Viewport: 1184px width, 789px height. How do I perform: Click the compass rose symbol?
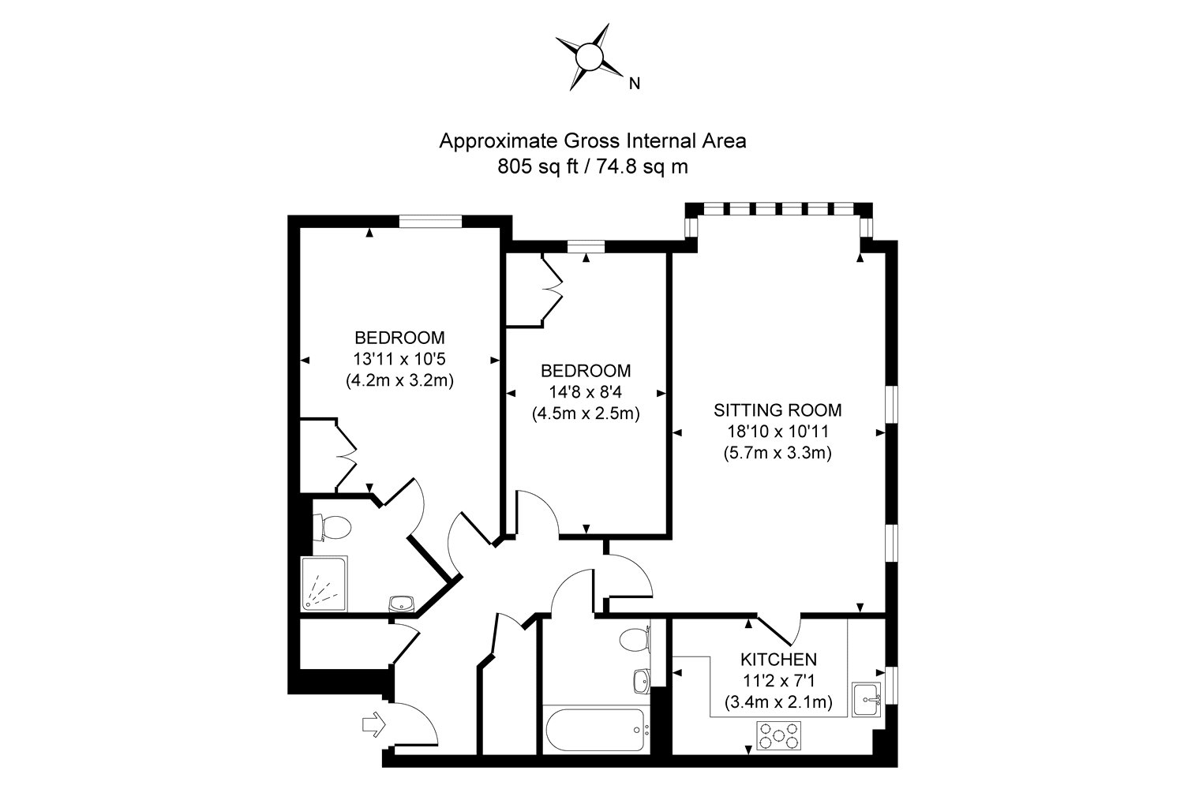point(589,57)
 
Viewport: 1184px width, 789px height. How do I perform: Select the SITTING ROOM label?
point(777,410)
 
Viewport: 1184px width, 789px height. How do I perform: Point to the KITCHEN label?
point(777,660)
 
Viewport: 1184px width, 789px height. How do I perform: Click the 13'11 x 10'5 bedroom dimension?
point(399,359)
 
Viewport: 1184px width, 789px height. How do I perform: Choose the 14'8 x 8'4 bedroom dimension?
point(585,391)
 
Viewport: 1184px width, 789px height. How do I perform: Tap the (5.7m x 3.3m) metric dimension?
point(777,454)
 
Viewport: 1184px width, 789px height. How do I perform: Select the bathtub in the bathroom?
point(596,731)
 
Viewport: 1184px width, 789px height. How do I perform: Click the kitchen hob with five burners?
point(779,736)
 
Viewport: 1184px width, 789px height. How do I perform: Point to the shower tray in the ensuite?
point(324,584)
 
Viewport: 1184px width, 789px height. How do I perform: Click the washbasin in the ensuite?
point(402,604)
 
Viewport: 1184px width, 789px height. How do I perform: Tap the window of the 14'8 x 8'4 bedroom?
point(585,246)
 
